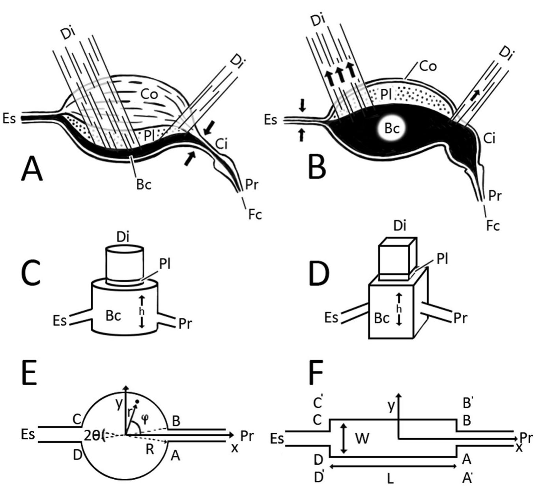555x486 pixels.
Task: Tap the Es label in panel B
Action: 271,120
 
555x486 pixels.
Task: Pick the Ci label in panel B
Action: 489,138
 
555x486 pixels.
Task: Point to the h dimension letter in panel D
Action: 399,309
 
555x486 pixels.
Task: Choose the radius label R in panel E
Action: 149,449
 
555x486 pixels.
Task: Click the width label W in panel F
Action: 362,438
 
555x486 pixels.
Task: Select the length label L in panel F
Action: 390,478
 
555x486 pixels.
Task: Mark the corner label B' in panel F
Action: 467,402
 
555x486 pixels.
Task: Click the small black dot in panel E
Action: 137,402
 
